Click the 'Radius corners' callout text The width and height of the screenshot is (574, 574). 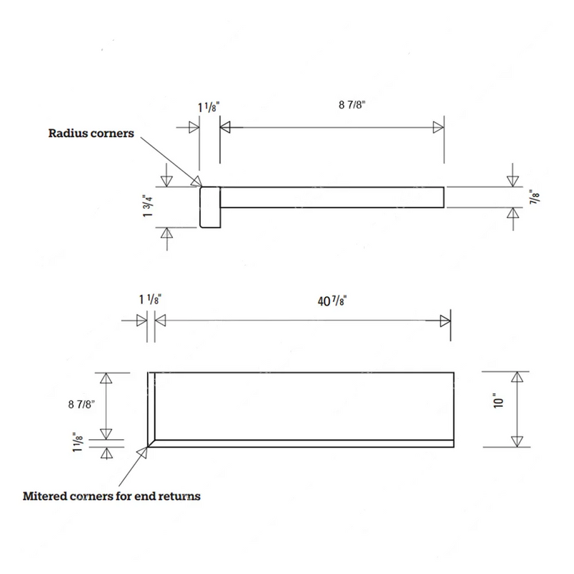[x=91, y=133]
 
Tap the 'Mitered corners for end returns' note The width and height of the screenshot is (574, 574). [x=112, y=497]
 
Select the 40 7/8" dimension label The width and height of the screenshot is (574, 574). [x=332, y=301]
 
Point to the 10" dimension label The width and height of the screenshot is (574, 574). [x=499, y=401]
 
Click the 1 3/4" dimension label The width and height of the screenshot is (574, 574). [x=148, y=206]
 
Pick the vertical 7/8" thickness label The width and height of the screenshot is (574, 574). [x=535, y=197]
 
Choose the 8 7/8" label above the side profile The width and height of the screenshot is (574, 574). [x=352, y=105]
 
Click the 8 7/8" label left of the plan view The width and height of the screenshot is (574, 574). [x=82, y=405]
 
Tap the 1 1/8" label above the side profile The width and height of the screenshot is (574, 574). [x=209, y=107]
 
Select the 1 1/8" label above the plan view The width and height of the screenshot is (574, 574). [x=150, y=299]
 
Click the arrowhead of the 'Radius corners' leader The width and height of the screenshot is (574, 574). [x=197, y=182]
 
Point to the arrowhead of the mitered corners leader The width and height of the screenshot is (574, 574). [x=142, y=453]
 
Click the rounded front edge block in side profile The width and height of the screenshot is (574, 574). [x=210, y=207]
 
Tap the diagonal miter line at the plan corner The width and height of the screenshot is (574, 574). [x=151, y=443]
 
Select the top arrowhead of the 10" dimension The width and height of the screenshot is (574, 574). [x=517, y=377]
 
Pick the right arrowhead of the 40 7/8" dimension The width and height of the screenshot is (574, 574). [x=446, y=321]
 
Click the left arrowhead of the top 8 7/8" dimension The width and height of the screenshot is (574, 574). [x=225, y=128]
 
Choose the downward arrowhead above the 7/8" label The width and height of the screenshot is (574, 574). [x=512, y=182]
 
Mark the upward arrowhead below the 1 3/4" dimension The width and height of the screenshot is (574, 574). [x=167, y=232]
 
